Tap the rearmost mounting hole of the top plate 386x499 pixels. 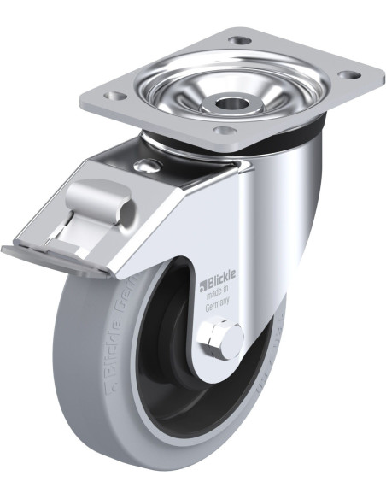[241, 40]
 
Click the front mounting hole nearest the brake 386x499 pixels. [224, 131]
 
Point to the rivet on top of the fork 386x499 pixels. [151, 166]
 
